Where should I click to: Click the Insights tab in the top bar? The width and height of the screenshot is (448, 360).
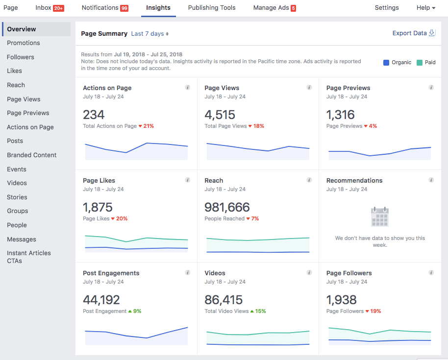tap(158, 8)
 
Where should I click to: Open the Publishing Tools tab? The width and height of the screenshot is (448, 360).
tap(212, 8)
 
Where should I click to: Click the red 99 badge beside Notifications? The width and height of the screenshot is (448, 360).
tap(124, 8)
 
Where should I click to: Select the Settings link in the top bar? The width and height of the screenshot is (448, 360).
tap(387, 8)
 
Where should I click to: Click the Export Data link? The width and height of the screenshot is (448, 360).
tap(410, 33)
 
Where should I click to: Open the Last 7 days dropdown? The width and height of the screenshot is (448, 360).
tap(150, 34)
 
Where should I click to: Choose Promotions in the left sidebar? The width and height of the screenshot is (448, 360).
tap(24, 43)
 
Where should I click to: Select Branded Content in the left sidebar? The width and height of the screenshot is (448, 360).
tap(32, 155)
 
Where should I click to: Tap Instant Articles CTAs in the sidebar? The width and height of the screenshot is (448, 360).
tap(29, 257)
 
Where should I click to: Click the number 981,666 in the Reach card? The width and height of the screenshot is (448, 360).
tap(227, 207)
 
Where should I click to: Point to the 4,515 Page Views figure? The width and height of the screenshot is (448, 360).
tap(220, 115)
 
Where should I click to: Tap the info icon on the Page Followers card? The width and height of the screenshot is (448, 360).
tap(431, 272)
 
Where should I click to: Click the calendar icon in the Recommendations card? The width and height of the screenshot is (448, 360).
tap(380, 216)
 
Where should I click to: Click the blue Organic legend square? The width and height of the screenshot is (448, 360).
tap(386, 62)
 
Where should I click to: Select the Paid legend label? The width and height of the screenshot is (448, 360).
tap(430, 63)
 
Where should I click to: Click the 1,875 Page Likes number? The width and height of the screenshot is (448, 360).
tap(98, 207)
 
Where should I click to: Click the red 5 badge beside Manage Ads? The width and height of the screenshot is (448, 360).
tap(293, 8)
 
